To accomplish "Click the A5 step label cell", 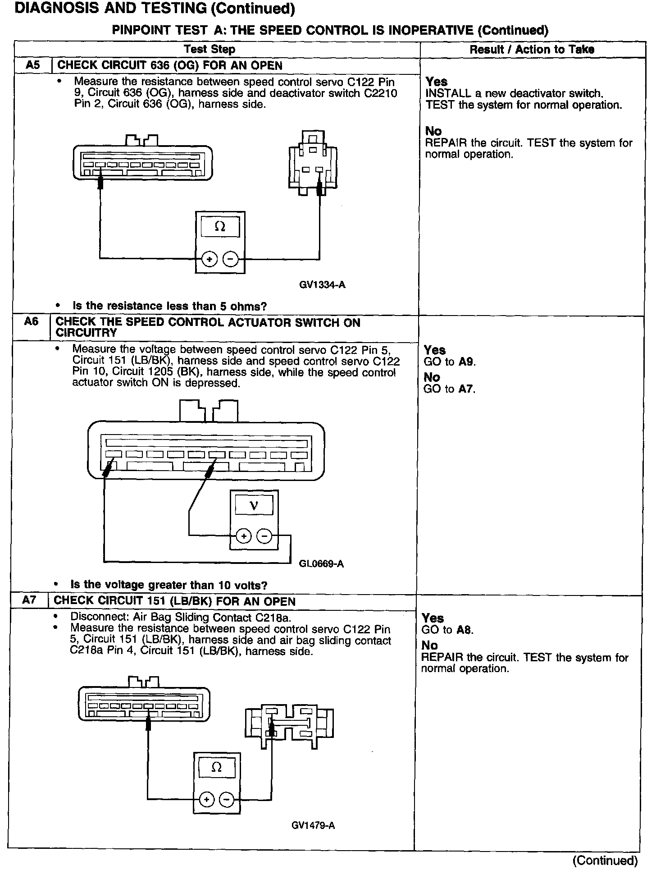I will coord(33,65).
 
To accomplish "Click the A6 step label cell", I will coord(31,322).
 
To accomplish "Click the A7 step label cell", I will coord(29,601).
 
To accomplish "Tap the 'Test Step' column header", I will coord(210,49).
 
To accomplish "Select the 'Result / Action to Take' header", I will coord(532,49).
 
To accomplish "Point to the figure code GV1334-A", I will coord(322,285).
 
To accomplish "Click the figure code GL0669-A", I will coord(321,564).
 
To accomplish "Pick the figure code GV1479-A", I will coord(313,825).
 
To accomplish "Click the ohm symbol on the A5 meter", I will coord(220,227).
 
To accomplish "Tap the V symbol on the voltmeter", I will coord(254,506).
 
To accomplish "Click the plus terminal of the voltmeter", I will coord(244,536).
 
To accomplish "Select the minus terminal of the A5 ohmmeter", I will coord(231,259).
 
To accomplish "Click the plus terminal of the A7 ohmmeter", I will coord(206,800).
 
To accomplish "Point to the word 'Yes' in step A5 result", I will coord(437,82).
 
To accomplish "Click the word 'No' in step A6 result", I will coord(432,377).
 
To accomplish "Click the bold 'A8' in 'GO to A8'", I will coord(464,630).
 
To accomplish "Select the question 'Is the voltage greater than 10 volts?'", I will coord(169,585).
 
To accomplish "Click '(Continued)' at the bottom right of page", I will coord(605,860).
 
